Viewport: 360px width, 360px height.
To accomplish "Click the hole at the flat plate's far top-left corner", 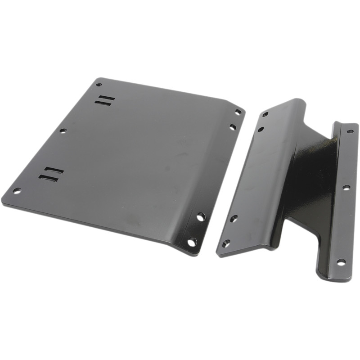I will pyautogui.click(x=99, y=84).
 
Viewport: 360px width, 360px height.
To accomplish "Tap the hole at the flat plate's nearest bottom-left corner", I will pyautogui.click(x=17, y=190).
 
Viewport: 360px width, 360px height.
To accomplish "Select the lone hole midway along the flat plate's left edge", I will pyautogui.click(x=63, y=130).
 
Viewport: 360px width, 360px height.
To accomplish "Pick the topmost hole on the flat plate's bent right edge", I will pyautogui.click(x=238, y=112).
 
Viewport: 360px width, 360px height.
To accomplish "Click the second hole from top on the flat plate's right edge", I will pyautogui.click(x=233, y=127).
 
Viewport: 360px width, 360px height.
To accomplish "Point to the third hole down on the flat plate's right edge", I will pyautogui.click(x=201, y=217).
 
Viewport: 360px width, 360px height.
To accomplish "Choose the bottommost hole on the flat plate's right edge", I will pyautogui.click(x=192, y=242).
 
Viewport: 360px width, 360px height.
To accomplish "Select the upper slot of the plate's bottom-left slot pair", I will pyautogui.click(x=54, y=171).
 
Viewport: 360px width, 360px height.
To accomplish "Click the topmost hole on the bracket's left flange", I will pyautogui.click(x=265, y=114).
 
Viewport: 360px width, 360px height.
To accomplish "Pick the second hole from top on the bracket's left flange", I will pyautogui.click(x=260, y=130).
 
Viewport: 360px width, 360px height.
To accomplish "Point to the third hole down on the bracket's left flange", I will pyautogui.click(x=234, y=219).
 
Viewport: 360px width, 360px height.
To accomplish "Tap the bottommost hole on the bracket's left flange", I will pyautogui.click(x=226, y=243).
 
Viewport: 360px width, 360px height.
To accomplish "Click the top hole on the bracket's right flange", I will pyautogui.click(x=350, y=131).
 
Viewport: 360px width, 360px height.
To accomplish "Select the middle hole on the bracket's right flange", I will pyautogui.click(x=346, y=187).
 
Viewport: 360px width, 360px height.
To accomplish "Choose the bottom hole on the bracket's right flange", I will pyautogui.click(x=341, y=262).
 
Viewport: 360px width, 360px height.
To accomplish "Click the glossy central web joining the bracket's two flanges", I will pyautogui.click(x=310, y=180).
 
